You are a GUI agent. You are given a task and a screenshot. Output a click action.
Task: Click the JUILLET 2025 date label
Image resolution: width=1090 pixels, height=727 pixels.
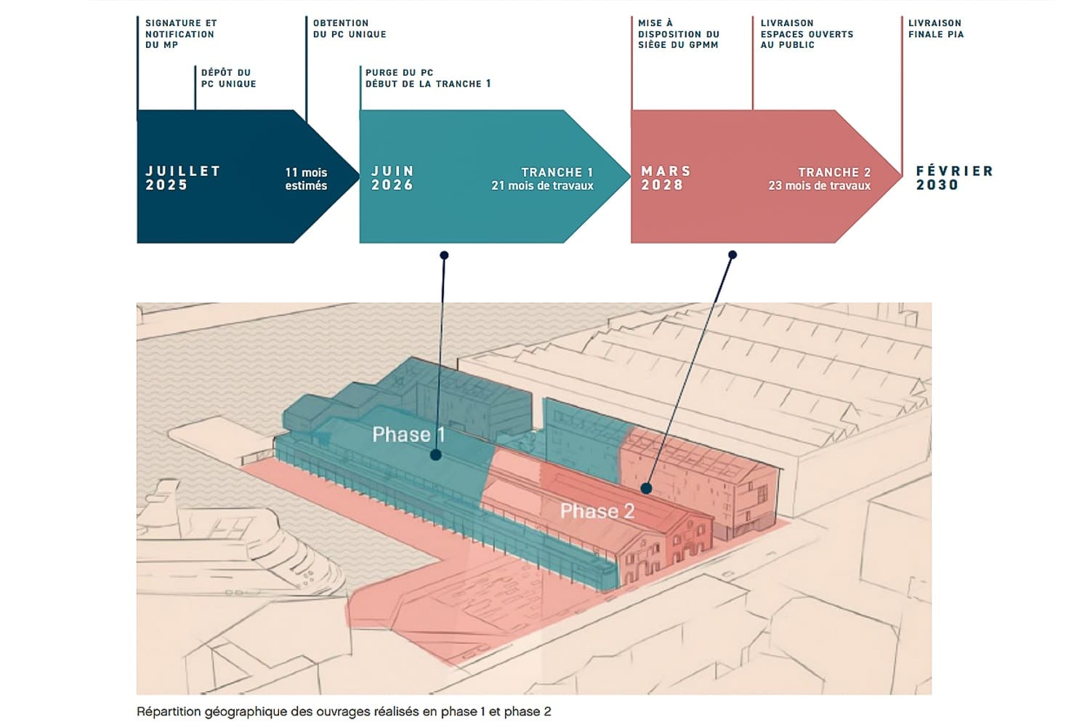tap(182, 178)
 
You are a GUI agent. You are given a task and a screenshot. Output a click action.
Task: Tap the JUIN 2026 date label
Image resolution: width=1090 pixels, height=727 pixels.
tap(392, 178)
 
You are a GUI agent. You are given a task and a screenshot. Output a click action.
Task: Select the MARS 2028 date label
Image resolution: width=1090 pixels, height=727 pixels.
tap(666, 178)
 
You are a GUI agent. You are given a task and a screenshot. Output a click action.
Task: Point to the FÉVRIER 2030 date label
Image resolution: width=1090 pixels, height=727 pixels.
tap(953, 178)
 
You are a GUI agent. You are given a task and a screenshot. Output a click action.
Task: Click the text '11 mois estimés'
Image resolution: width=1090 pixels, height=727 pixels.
tap(306, 179)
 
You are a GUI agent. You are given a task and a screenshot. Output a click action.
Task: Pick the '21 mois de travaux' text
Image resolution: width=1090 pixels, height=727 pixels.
tap(542, 186)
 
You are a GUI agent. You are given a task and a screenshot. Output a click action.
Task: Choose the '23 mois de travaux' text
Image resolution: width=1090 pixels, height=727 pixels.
tap(819, 186)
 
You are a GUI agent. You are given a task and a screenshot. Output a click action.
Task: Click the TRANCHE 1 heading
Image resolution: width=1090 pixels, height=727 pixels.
tap(557, 172)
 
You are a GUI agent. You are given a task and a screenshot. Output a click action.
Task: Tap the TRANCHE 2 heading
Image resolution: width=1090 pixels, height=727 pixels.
tap(834, 172)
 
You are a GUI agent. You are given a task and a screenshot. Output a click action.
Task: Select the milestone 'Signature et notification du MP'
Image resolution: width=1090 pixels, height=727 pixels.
tap(180, 34)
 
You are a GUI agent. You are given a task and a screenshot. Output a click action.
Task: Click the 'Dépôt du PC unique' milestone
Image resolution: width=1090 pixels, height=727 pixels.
tap(228, 78)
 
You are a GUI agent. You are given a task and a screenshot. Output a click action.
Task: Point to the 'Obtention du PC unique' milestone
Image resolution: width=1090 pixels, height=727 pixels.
tap(350, 28)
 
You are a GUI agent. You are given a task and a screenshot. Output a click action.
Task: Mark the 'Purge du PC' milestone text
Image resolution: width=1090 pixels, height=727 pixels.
tap(399, 73)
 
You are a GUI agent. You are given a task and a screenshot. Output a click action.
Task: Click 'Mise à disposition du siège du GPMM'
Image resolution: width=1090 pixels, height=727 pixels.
tap(678, 34)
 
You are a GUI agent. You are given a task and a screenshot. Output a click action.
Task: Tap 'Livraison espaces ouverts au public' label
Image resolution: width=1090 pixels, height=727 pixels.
tap(807, 34)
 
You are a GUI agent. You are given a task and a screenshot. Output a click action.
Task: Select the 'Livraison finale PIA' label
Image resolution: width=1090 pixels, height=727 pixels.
tap(936, 28)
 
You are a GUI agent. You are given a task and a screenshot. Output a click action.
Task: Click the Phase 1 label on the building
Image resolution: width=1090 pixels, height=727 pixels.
tap(408, 435)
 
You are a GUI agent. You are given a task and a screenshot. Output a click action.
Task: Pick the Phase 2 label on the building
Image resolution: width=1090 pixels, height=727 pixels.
tap(597, 511)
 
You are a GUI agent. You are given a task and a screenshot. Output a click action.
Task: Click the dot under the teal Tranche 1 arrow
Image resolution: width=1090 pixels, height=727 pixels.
tap(444, 255)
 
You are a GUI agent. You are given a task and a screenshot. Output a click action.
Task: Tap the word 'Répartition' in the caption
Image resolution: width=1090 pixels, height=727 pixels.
tap(170, 711)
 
